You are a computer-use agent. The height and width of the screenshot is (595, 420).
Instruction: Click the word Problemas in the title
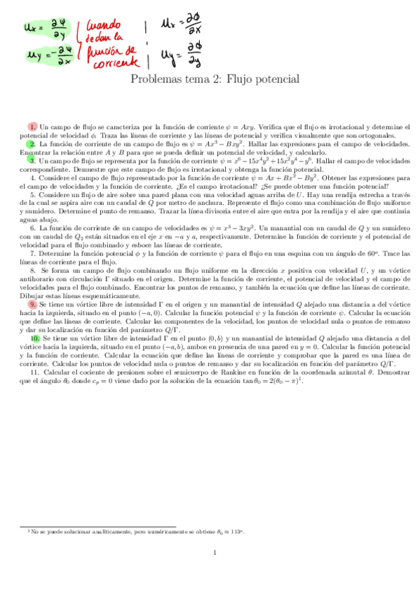click(157, 79)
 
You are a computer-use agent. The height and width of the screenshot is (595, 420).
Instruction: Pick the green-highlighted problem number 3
click(33, 160)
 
